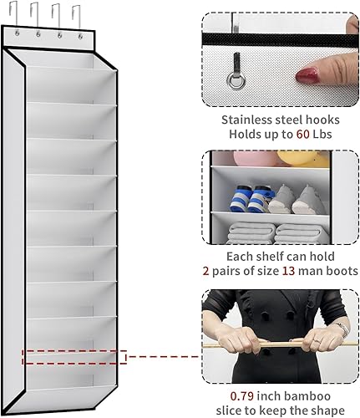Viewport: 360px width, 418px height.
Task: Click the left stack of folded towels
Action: tap(246, 233)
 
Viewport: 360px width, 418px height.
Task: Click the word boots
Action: tap(340, 271)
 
